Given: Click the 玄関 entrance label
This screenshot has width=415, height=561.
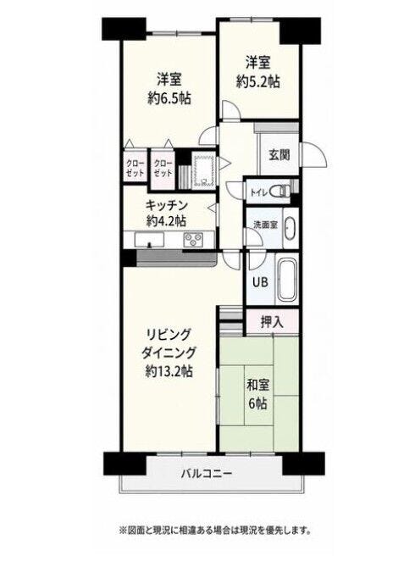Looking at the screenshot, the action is click(279, 155).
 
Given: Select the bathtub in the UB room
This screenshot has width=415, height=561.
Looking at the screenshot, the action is click(287, 280).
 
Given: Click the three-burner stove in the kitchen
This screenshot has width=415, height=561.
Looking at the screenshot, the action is click(193, 239).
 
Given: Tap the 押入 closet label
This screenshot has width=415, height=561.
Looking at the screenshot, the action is click(272, 322).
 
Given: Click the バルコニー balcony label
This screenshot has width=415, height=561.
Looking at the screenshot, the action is click(207, 474).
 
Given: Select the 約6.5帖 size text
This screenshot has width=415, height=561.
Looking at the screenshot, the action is click(169, 97).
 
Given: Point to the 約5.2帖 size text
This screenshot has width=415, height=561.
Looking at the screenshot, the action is click(257, 82).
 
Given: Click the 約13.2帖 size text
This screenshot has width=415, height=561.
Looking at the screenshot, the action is click(169, 371).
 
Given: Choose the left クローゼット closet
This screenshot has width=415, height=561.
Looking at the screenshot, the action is click(136, 168).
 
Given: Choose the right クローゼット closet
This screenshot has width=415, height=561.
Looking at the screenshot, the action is click(163, 168).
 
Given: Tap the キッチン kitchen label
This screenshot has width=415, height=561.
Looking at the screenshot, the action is click(167, 206).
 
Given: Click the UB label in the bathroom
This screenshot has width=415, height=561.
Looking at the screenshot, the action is click(260, 282).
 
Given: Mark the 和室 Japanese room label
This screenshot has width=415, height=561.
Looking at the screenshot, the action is click(257, 386).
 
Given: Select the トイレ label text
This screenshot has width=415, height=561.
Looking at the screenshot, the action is click(258, 192).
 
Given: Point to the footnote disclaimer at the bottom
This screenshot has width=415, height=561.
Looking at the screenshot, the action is click(214, 530).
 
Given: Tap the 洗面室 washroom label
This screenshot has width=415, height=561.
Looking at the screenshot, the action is click(266, 225).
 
